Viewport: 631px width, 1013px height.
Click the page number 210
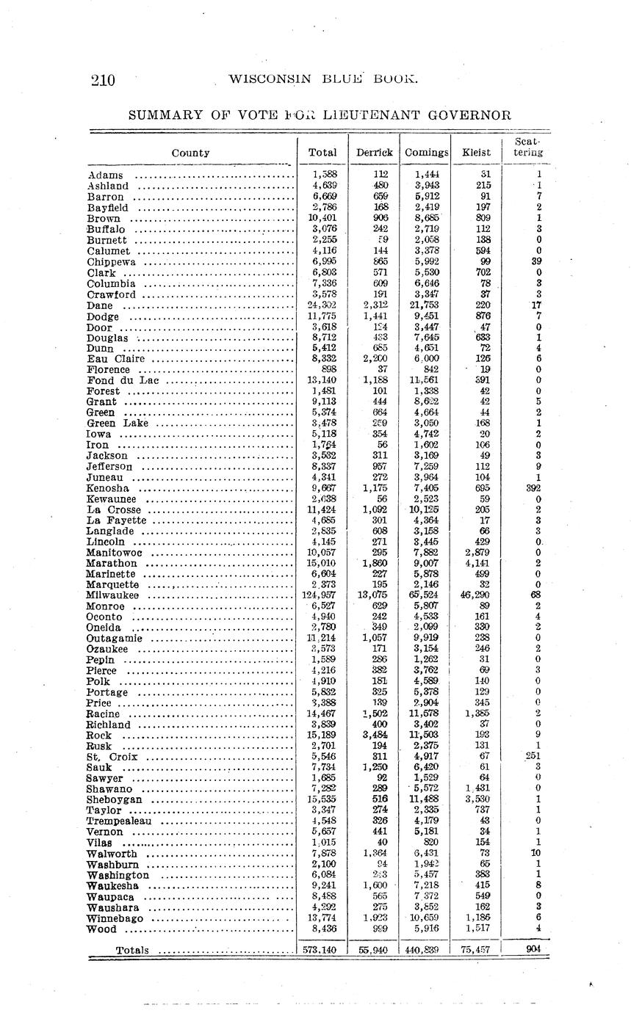pyautogui.click(x=104, y=80)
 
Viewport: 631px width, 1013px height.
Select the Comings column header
pyautogui.click(x=426, y=153)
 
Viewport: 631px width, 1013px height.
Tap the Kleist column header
pyautogui.click(x=476, y=153)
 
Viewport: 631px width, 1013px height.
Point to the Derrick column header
pyautogui.click(x=374, y=153)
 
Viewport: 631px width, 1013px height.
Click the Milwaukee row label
pyautogui.click(x=112, y=595)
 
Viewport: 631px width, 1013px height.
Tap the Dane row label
pyautogui.click(x=100, y=305)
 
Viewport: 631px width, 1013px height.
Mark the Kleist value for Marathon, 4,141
pyautogui.click(x=477, y=563)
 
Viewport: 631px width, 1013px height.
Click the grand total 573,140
pyautogui.click(x=320, y=950)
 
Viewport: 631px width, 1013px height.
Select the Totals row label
pyautogui.click(x=132, y=951)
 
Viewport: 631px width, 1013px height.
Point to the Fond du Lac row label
pyautogui.click(x=123, y=380)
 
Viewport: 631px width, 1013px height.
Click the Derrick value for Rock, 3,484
pyautogui.click(x=375, y=735)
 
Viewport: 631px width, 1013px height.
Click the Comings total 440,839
pyautogui.click(x=424, y=950)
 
